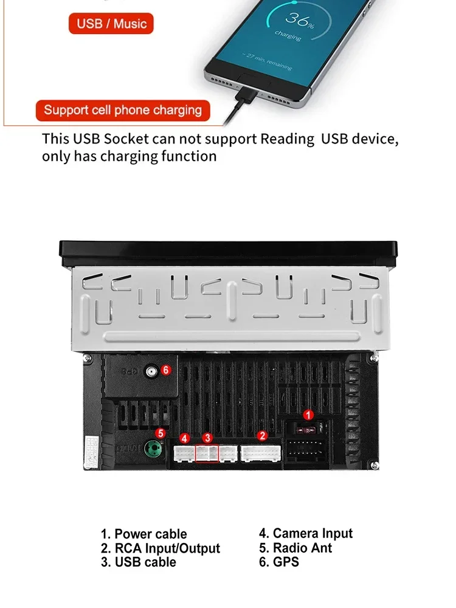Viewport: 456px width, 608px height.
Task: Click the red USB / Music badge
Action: click(111, 24)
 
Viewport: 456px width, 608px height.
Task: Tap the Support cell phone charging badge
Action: click(123, 111)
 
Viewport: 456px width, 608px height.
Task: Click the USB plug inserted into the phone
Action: click(247, 94)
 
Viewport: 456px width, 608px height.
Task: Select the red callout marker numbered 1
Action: click(308, 415)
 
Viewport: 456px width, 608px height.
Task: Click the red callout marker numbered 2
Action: click(263, 436)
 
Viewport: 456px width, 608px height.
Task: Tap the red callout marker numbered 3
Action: click(207, 438)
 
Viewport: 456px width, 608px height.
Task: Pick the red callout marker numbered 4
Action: click(185, 438)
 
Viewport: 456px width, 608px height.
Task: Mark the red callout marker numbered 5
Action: click(160, 433)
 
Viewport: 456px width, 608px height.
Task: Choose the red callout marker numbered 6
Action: click(166, 370)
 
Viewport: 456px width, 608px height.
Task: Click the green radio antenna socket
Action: click(153, 449)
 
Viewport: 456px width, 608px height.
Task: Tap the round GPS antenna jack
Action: click(151, 371)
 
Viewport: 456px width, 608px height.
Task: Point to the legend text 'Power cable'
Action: click(151, 534)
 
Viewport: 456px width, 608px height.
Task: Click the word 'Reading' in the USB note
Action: click(288, 139)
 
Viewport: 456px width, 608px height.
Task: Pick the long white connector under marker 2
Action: click(261, 454)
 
